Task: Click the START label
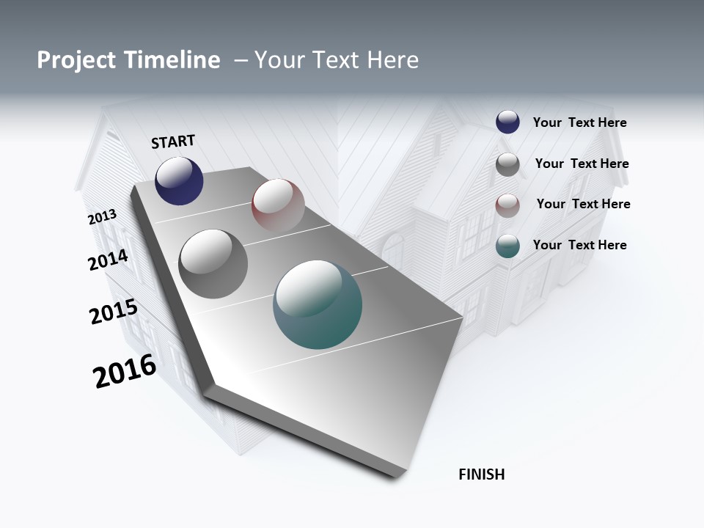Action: point(173,142)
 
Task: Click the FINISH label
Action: point(481,474)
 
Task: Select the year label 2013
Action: point(102,217)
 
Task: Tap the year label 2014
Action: point(108,260)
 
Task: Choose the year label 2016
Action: point(125,371)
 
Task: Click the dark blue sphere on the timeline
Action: point(179,181)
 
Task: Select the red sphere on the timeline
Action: point(278,205)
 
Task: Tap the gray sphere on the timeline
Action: point(213,264)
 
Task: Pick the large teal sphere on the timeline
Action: point(318,304)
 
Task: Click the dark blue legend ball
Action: point(507,122)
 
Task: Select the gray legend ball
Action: point(507,164)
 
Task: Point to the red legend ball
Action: point(507,205)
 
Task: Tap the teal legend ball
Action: point(507,246)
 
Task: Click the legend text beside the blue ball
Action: point(579,123)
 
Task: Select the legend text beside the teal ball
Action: point(579,245)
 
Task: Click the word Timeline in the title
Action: point(172,60)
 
